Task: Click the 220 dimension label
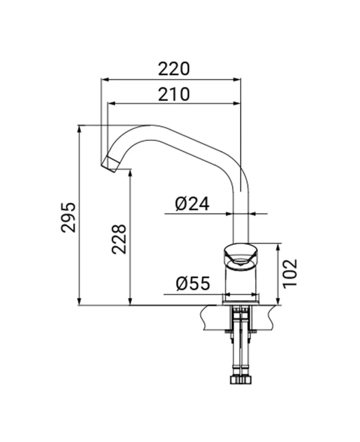174,69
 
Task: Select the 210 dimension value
174,94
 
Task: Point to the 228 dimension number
119,239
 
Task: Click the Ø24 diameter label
192,204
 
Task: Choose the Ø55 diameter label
193,283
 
